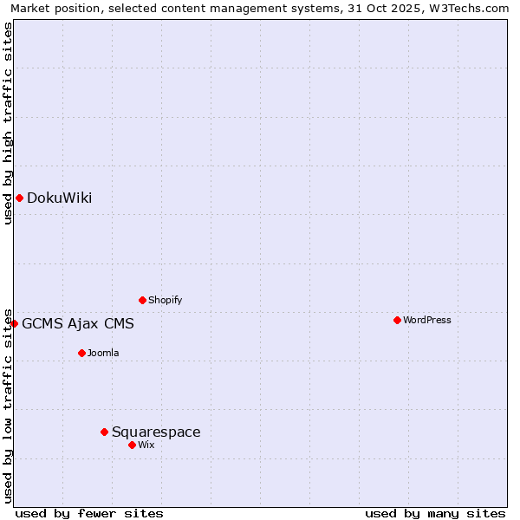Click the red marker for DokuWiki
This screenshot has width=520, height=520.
(19, 198)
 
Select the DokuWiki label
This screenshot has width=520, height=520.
(59, 198)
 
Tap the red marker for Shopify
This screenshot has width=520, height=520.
(142, 301)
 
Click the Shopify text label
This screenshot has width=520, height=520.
(165, 301)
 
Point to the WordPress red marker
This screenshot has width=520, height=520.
(397, 321)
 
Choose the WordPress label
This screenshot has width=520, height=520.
(426, 321)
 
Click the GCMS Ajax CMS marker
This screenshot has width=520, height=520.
(14, 324)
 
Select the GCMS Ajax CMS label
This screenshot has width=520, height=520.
(78, 324)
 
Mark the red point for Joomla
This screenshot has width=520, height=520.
(81, 354)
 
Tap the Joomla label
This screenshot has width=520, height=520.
(103, 354)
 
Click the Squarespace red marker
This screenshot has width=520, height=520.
(104, 432)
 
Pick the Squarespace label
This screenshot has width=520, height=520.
(156, 432)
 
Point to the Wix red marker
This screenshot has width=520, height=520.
(132, 445)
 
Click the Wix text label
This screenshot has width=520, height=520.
(146, 445)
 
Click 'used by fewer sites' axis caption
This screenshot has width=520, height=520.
(89, 514)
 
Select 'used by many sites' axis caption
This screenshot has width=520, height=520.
(435, 514)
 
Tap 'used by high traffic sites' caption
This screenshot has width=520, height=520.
(8, 123)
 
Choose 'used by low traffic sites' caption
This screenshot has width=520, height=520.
(8, 406)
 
